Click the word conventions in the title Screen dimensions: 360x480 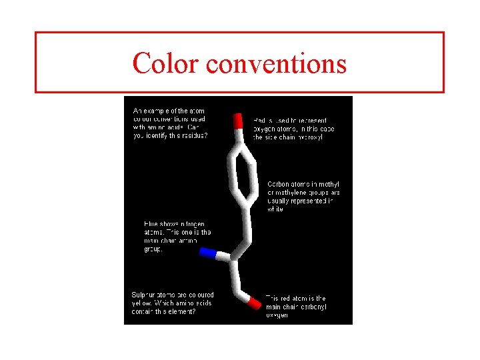(276, 64)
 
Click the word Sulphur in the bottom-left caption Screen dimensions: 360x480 (145, 294)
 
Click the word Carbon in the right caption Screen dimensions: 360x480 (279, 184)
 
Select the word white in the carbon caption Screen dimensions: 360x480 (275, 209)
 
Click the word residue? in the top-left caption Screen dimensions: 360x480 (193, 135)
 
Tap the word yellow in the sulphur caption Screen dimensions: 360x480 (141, 303)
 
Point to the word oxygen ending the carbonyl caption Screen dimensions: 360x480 (277, 315)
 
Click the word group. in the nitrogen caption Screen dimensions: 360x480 (153, 249)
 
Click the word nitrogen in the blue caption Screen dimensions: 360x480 (191, 224)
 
